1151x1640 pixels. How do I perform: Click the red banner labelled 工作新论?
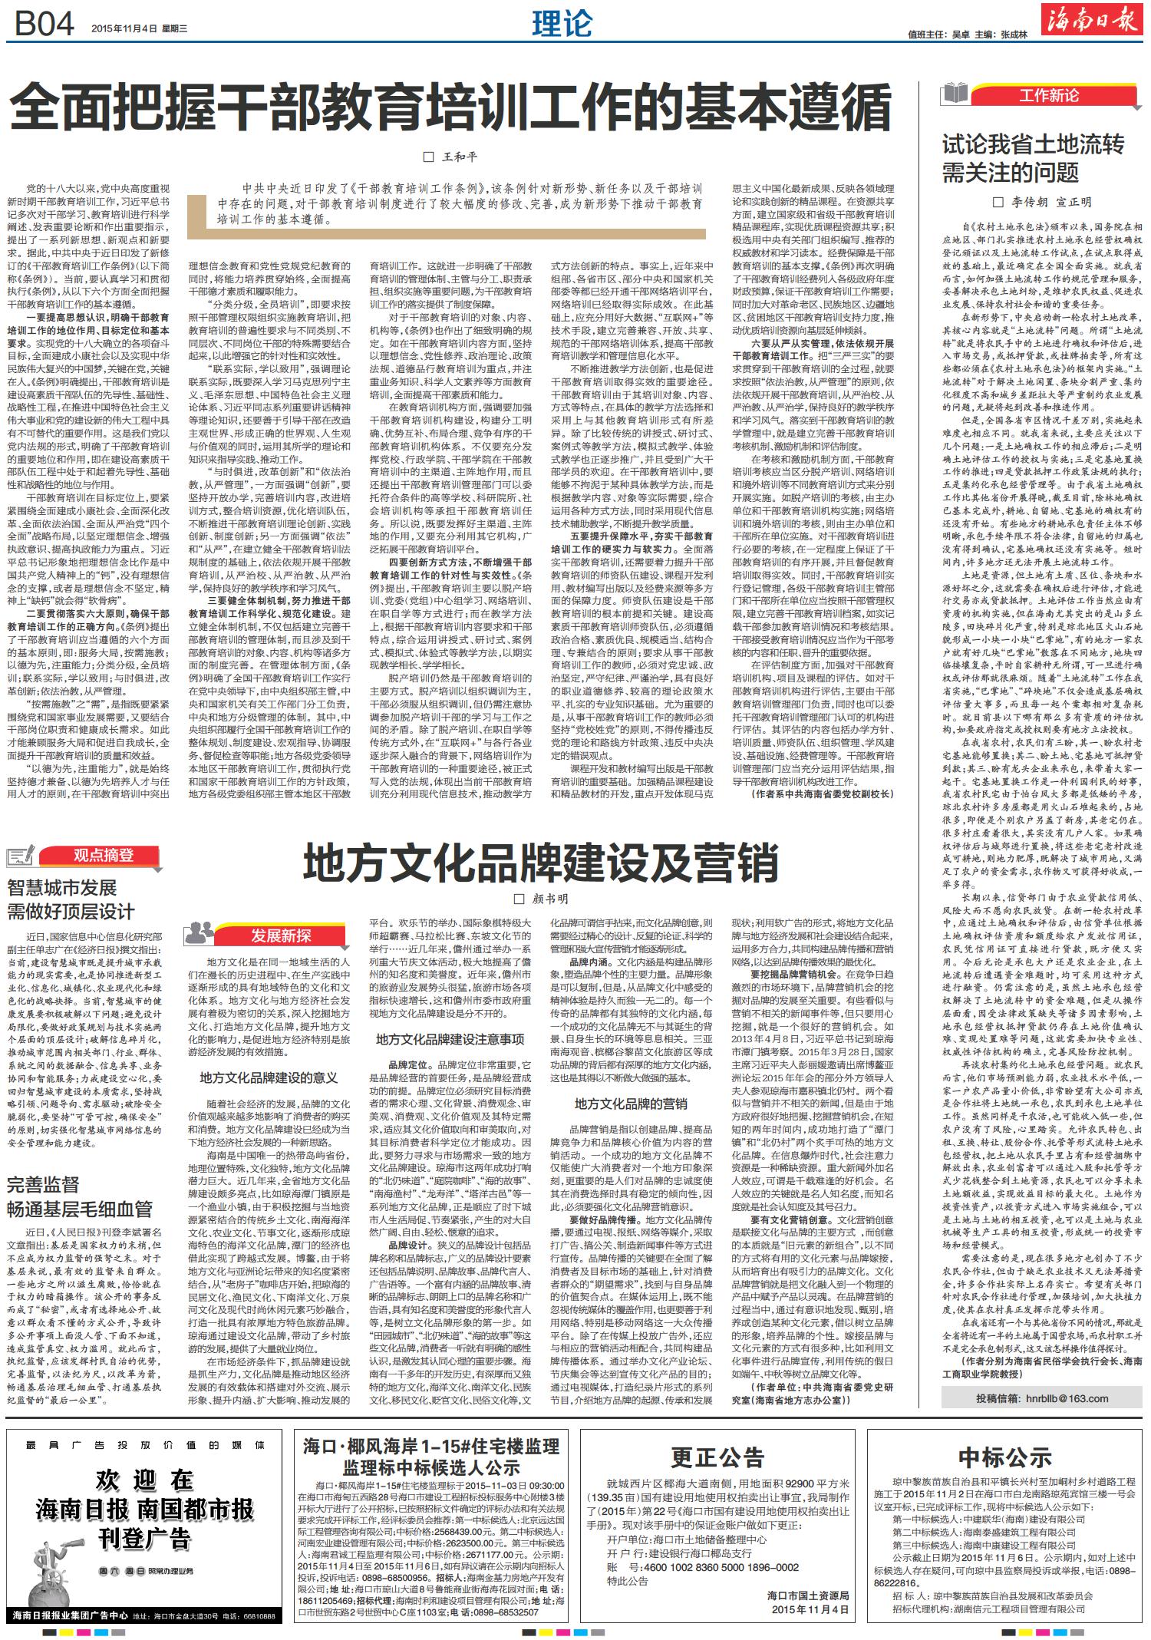click(x=1048, y=95)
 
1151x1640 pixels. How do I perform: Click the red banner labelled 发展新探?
click(x=280, y=934)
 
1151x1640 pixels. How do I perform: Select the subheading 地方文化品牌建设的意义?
click(x=269, y=1078)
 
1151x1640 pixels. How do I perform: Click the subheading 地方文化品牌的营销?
click(x=632, y=1104)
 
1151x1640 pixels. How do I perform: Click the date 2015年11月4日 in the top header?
click(x=125, y=28)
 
